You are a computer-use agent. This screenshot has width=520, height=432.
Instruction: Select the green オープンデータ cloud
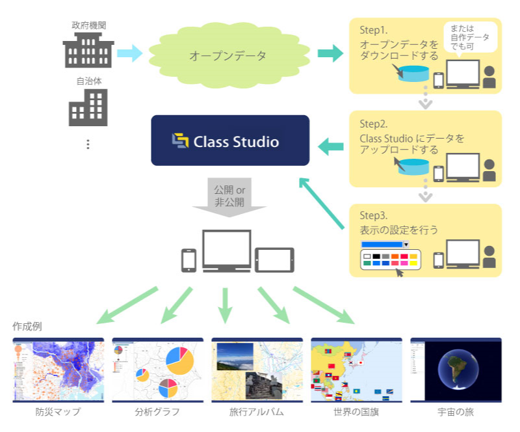227,55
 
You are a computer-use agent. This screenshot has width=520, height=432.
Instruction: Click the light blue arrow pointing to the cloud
129,53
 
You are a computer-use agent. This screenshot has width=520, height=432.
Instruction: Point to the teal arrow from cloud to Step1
330,53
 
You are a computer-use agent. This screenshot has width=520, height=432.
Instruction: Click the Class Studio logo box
230,141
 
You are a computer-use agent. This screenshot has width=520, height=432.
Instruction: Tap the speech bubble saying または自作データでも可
469,37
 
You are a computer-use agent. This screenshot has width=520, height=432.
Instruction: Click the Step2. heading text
374,124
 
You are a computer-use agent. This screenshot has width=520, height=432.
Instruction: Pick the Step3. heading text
374,215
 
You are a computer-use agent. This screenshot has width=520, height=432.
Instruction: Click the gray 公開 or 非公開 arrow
229,197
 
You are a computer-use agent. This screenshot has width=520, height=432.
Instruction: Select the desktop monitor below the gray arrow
226,250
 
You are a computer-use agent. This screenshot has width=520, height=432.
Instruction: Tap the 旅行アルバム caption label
257,412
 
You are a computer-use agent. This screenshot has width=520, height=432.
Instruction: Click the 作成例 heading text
27,326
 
